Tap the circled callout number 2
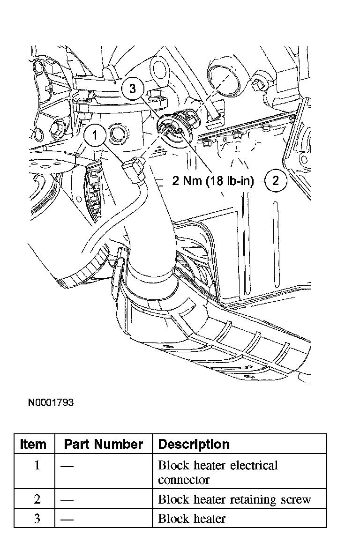[x=276, y=180]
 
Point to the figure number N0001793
[x=50, y=403]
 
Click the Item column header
[x=33, y=444]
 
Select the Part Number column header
[x=103, y=444]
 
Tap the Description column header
[x=194, y=444]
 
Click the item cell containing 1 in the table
[x=37, y=466]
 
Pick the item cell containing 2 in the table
[x=37, y=499]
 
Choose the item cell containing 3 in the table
[x=37, y=519]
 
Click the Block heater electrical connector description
[x=218, y=472]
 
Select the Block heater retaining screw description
[x=234, y=499]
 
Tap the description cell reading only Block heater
[x=191, y=519]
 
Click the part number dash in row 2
[x=67, y=500]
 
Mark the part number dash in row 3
[x=67, y=519]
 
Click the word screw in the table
[x=295, y=499]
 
